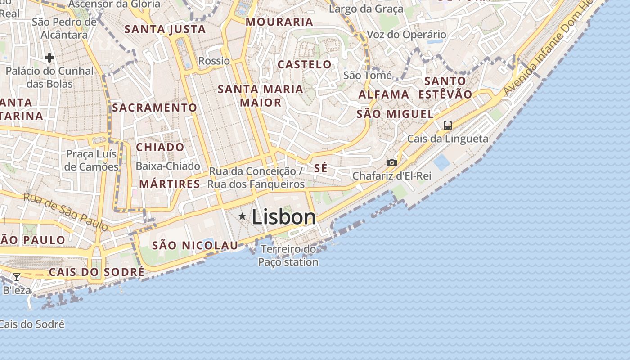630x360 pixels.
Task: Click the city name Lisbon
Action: (x=283, y=217)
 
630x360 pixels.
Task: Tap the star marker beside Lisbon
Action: (x=243, y=216)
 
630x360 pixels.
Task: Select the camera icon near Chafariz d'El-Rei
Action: (x=392, y=162)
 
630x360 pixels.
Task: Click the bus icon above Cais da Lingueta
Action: (x=447, y=126)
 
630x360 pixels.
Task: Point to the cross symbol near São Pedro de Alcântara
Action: (x=49, y=57)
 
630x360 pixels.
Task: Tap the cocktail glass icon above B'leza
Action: (x=17, y=277)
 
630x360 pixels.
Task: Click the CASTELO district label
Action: (x=305, y=64)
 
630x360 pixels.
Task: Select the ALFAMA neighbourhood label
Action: (x=384, y=95)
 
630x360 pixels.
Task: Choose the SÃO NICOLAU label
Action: (x=195, y=245)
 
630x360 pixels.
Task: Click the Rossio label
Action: (x=214, y=61)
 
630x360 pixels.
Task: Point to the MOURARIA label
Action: (x=279, y=22)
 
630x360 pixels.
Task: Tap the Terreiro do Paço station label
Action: (x=288, y=255)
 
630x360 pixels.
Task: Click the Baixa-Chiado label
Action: (x=168, y=166)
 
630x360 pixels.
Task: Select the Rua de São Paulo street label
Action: (x=66, y=211)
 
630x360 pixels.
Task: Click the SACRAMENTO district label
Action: (x=154, y=108)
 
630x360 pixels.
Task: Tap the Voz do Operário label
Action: (x=406, y=35)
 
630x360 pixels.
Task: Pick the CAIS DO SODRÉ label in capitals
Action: (x=97, y=272)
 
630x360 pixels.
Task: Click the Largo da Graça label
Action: (x=366, y=9)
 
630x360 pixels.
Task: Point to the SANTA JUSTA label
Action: (x=165, y=29)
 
